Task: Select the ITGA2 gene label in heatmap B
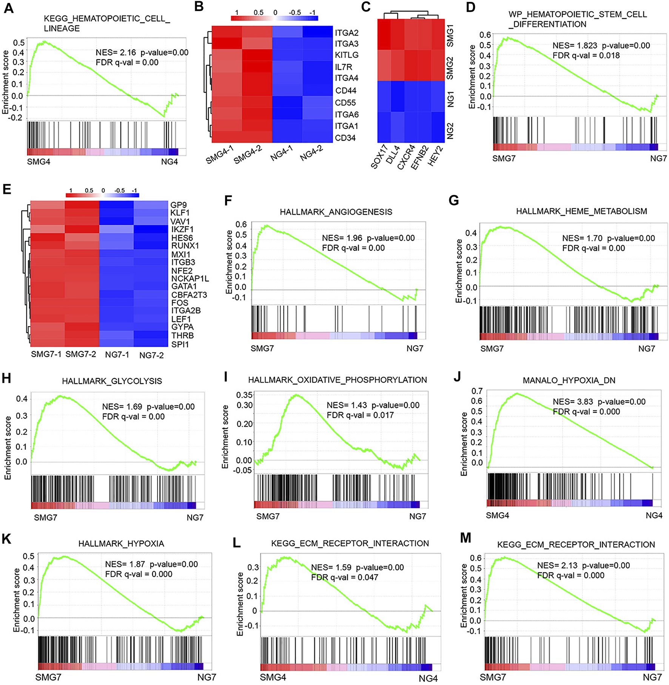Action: [346, 33]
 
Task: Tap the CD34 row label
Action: [345, 138]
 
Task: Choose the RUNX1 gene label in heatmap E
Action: [185, 246]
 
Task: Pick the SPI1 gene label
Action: [180, 344]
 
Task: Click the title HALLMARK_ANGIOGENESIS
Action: [336, 212]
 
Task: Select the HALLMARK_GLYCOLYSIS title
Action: [112, 381]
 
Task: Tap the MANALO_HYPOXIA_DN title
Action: [569, 380]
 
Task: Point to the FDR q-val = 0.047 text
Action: [344, 577]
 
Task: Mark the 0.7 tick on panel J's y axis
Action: [477, 391]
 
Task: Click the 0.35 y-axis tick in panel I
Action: [244, 395]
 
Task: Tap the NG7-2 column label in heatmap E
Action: [151, 355]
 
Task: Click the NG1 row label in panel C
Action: [450, 99]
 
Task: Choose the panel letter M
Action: [466, 538]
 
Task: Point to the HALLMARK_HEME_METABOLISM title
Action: [581, 211]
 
